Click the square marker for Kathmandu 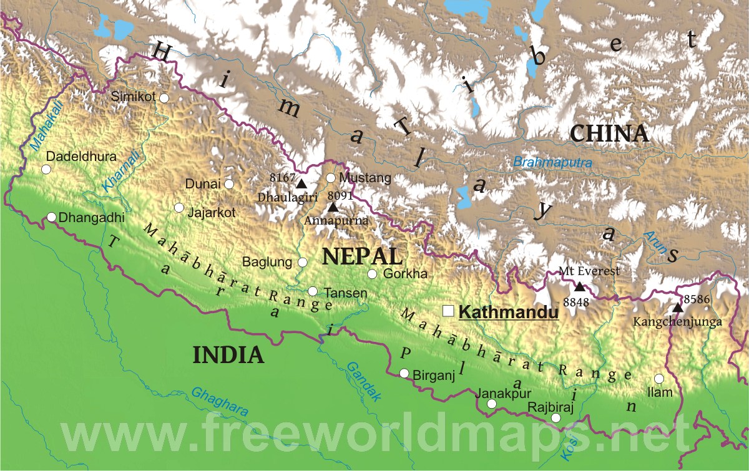pyautogui.click(x=448, y=311)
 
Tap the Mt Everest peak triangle pyautogui.click(x=580, y=286)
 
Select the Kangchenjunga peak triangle pyautogui.click(x=678, y=308)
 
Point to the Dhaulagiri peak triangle pyautogui.click(x=301, y=183)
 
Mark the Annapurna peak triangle pyautogui.click(x=333, y=206)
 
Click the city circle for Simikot pyautogui.click(x=164, y=97)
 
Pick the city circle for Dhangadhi pyautogui.click(x=52, y=217)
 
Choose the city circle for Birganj pyautogui.click(x=404, y=373)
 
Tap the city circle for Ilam pyautogui.click(x=659, y=378)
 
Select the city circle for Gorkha pyautogui.click(x=372, y=274)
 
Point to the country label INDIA pyautogui.click(x=228, y=355)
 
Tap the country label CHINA pyautogui.click(x=609, y=133)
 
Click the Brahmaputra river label pyautogui.click(x=552, y=162)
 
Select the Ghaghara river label pyautogui.click(x=220, y=402)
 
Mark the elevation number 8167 pyautogui.click(x=282, y=177)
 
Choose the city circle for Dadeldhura pyautogui.click(x=46, y=169)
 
